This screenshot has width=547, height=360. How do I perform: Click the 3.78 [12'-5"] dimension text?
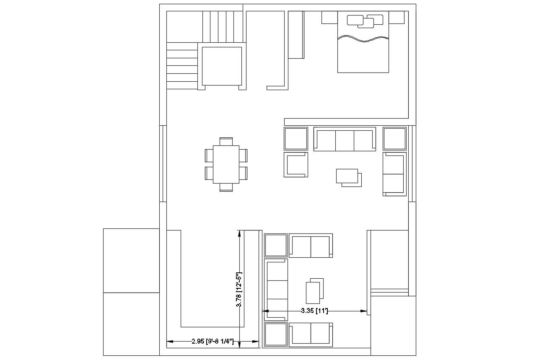pos(239,289)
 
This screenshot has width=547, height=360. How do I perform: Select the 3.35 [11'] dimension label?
pos(314,311)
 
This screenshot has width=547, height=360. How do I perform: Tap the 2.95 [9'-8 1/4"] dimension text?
pos(213,342)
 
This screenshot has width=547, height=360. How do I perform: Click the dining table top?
pos(226,164)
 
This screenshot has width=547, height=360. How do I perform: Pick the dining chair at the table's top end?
pos(226,141)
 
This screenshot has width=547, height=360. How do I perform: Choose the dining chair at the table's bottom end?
pos(226,187)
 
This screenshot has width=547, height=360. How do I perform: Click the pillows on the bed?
pos(365,21)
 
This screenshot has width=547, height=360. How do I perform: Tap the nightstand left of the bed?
pos(329,18)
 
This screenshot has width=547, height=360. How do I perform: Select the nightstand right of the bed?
pos(397,18)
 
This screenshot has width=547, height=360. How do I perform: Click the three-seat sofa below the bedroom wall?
pos(345,140)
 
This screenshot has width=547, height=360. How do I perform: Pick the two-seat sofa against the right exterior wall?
pos(394,174)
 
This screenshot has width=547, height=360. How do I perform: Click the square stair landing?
pos(222,66)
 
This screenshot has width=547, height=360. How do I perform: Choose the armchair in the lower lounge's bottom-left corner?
pos(275,335)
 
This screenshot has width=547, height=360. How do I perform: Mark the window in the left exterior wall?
pos(163,163)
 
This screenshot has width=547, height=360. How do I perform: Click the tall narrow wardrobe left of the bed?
pos(296,35)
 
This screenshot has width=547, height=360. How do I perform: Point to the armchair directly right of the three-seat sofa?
pos(394,139)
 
